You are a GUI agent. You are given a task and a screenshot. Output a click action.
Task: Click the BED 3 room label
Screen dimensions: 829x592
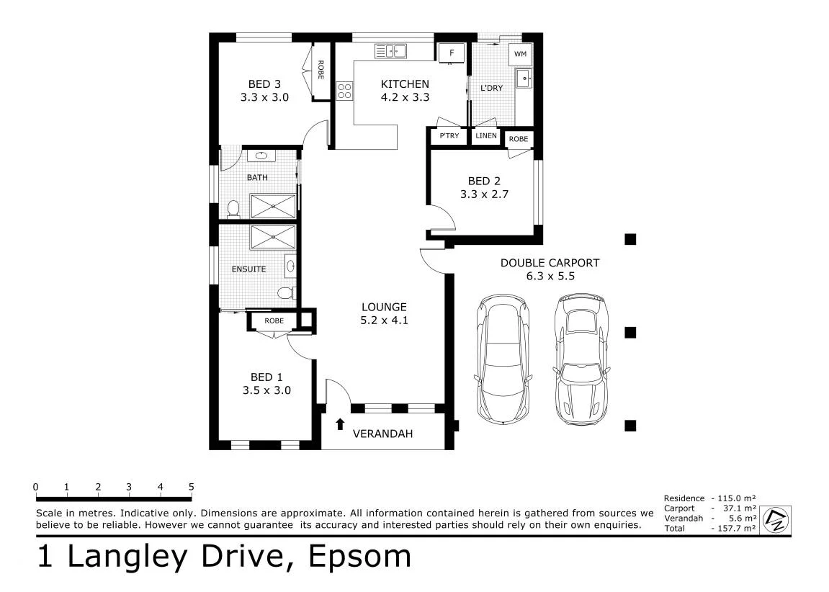coord(264,84)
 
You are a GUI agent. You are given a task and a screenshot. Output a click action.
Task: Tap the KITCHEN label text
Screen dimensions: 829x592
coord(405,84)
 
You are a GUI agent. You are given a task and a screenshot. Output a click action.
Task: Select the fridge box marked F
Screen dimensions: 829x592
coord(452,53)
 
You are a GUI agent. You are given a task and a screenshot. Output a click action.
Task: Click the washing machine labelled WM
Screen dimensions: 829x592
coord(520,54)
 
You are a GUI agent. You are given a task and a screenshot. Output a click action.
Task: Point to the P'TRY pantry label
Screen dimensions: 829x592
coord(449,136)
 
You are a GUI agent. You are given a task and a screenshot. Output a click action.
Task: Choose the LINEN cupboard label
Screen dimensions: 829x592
coord(486,136)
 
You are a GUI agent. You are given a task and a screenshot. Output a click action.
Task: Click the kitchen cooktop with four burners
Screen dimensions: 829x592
coord(344,91)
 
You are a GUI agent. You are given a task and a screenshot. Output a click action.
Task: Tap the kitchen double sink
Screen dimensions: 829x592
coord(390,51)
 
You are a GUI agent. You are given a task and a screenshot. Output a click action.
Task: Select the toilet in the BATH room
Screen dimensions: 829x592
coord(233,210)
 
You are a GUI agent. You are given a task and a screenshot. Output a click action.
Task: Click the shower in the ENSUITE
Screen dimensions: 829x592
coord(273,237)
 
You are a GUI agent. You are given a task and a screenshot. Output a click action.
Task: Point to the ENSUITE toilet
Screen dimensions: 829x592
coord(287,293)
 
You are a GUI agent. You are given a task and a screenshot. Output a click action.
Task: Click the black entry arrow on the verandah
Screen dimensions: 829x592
coord(340,424)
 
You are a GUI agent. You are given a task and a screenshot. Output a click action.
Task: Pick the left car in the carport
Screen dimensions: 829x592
coord(503,359)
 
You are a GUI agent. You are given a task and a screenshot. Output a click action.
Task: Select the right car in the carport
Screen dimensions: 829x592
coord(581,359)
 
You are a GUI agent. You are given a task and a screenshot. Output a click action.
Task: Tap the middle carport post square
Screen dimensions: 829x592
coord(630,333)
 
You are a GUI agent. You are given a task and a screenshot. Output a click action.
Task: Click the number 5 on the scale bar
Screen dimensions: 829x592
coord(192,487)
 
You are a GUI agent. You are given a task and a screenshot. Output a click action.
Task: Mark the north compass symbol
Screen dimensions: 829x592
coord(776,519)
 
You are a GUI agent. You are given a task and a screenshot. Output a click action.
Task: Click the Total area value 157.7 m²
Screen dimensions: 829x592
coord(737,528)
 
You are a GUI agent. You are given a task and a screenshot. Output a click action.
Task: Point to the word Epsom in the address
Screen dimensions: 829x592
coord(360,556)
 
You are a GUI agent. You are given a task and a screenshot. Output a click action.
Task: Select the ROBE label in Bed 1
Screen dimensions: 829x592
coord(274,320)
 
